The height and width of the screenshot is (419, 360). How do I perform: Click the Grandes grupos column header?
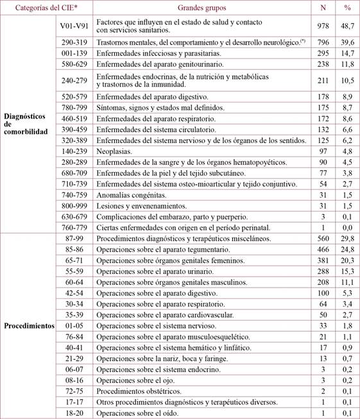coord(204,8)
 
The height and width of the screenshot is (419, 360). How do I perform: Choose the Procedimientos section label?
coord(30,325)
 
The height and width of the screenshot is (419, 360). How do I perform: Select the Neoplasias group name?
coord(114,151)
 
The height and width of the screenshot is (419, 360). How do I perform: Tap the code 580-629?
coord(72,64)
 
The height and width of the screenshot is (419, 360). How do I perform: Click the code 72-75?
coord(72,391)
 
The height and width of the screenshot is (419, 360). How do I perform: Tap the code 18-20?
coord(72,413)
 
